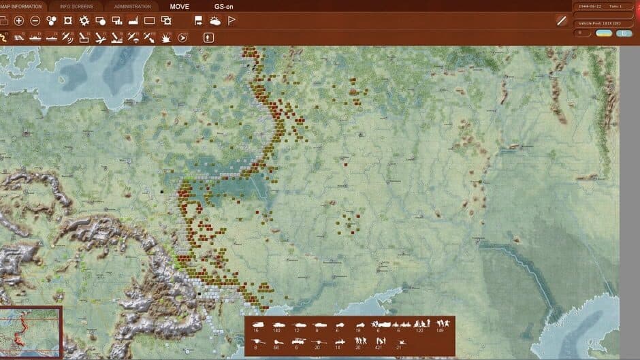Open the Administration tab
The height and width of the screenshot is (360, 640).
(x=132, y=6)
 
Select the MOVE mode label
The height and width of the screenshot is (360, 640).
(x=180, y=6)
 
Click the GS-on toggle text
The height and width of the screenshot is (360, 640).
(x=224, y=6)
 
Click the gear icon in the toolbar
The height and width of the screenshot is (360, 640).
(x=84, y=21)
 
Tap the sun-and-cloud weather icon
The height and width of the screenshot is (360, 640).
(x=215, y=21)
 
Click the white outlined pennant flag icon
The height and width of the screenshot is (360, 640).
(x=231, y=21)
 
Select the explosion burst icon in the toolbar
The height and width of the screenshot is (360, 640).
(x=167, y=38)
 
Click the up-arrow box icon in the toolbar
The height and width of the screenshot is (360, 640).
(x=209, y=38)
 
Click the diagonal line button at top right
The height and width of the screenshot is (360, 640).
(x=562, y=21)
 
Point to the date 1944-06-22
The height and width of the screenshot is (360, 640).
(x=588, y=6)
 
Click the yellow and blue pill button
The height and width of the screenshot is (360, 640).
(x=604, y=33)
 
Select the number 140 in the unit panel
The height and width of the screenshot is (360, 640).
(x=276, y=330)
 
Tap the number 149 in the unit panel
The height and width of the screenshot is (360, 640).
(x=439, y=330)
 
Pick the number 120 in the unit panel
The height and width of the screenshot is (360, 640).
(x=419, y=330)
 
